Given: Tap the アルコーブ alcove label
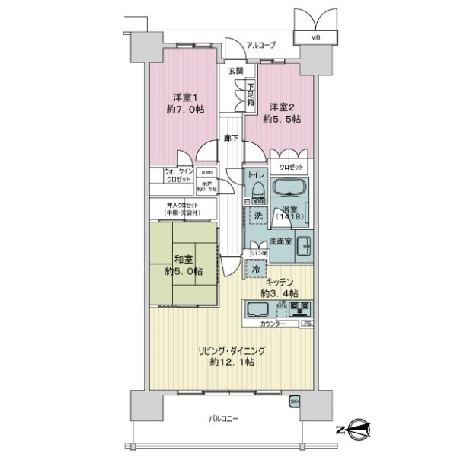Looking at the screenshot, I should click(x=260, y=45).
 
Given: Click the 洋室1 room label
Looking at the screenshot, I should click(x=186, y=97).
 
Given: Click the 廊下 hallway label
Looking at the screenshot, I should click(x=231, y=138).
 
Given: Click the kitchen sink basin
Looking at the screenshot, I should click(x=256, y=308).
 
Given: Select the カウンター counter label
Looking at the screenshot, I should click(x=273, y=324).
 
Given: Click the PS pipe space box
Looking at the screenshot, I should click(x=305, y=324).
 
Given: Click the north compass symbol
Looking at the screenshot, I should click(x=356, y=429).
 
